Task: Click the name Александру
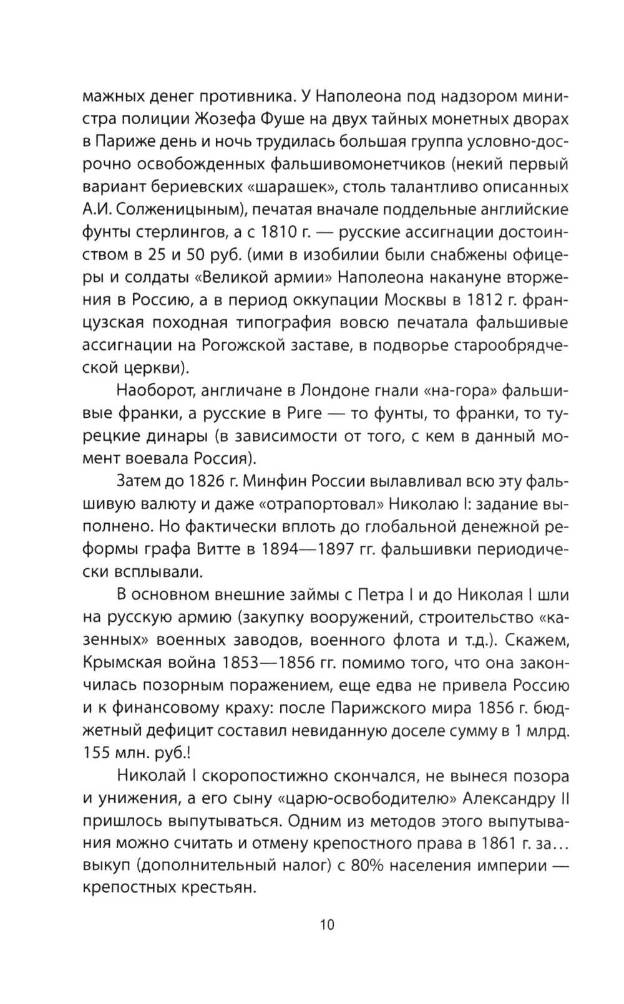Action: tap(507, 799)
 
